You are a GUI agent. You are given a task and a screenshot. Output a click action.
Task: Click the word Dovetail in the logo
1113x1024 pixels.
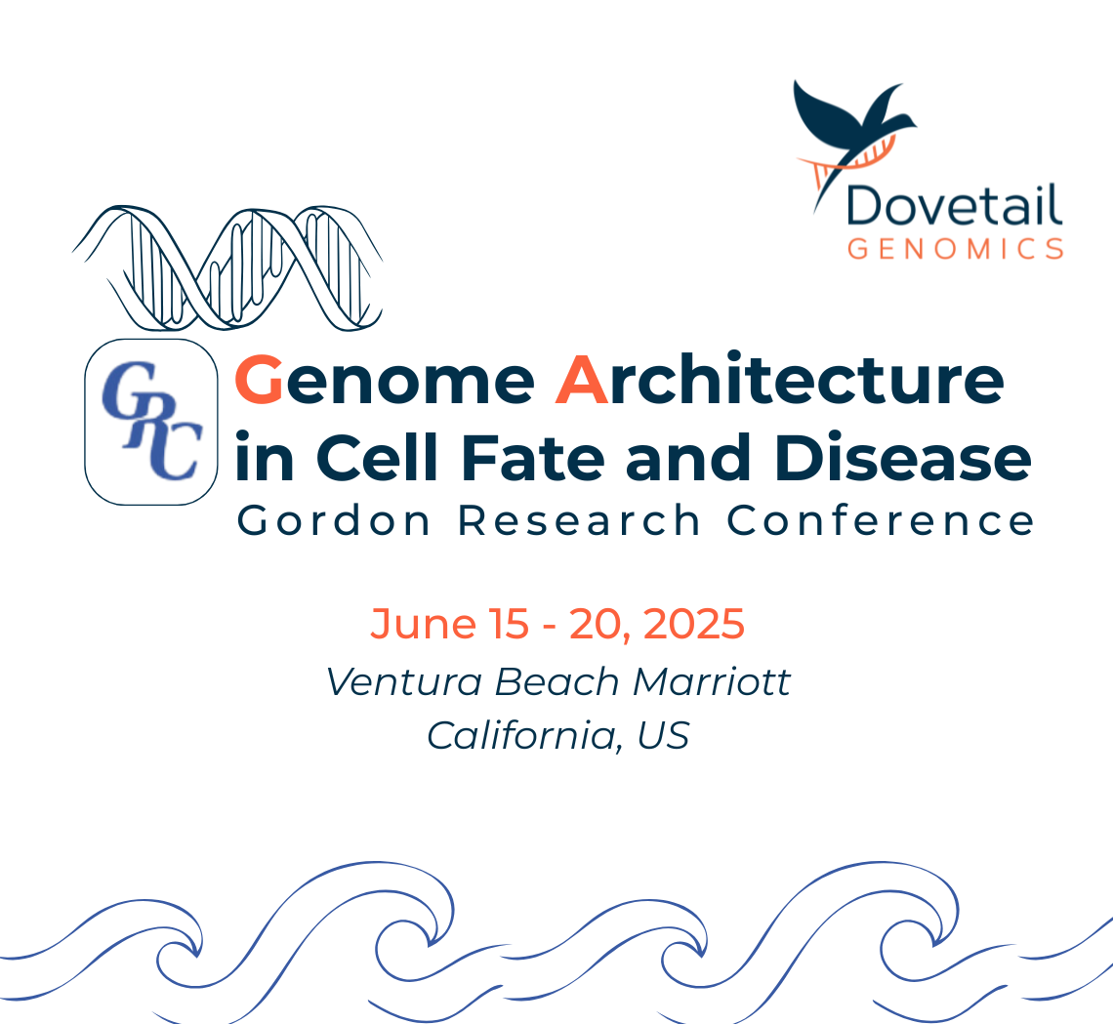(954, 206)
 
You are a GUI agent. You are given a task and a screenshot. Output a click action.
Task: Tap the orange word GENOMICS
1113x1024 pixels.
(956, 249)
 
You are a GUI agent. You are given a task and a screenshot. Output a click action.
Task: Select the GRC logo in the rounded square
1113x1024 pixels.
(151, 422)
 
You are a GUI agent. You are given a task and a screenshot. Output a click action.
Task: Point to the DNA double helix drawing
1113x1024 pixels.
(227, 268)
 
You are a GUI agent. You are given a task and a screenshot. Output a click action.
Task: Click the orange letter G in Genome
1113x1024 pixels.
(259, 380)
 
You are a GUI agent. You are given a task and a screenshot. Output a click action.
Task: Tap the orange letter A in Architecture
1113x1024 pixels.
(581, 380)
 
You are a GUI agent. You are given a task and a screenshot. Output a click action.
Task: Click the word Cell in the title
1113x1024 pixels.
(378, 457)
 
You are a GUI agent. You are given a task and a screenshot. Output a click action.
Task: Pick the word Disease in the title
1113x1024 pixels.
(903, 457)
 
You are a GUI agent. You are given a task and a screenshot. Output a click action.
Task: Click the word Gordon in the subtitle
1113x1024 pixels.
(334, 521)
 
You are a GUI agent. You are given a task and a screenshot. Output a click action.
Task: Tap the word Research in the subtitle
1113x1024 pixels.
(579, 521)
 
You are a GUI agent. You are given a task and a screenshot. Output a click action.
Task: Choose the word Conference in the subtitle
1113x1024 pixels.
(881, 521)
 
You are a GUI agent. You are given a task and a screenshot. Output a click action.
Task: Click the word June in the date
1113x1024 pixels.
(423, 624)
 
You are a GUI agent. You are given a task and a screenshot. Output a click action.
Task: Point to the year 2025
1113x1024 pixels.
(693, 624)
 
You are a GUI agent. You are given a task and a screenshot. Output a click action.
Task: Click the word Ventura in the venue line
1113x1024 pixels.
(404, 682)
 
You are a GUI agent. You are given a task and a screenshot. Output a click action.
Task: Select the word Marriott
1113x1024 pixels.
(712, 682)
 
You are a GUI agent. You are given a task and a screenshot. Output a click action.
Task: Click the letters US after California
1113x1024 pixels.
(663, 735)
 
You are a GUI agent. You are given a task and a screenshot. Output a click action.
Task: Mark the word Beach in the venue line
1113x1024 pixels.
(557, 682)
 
